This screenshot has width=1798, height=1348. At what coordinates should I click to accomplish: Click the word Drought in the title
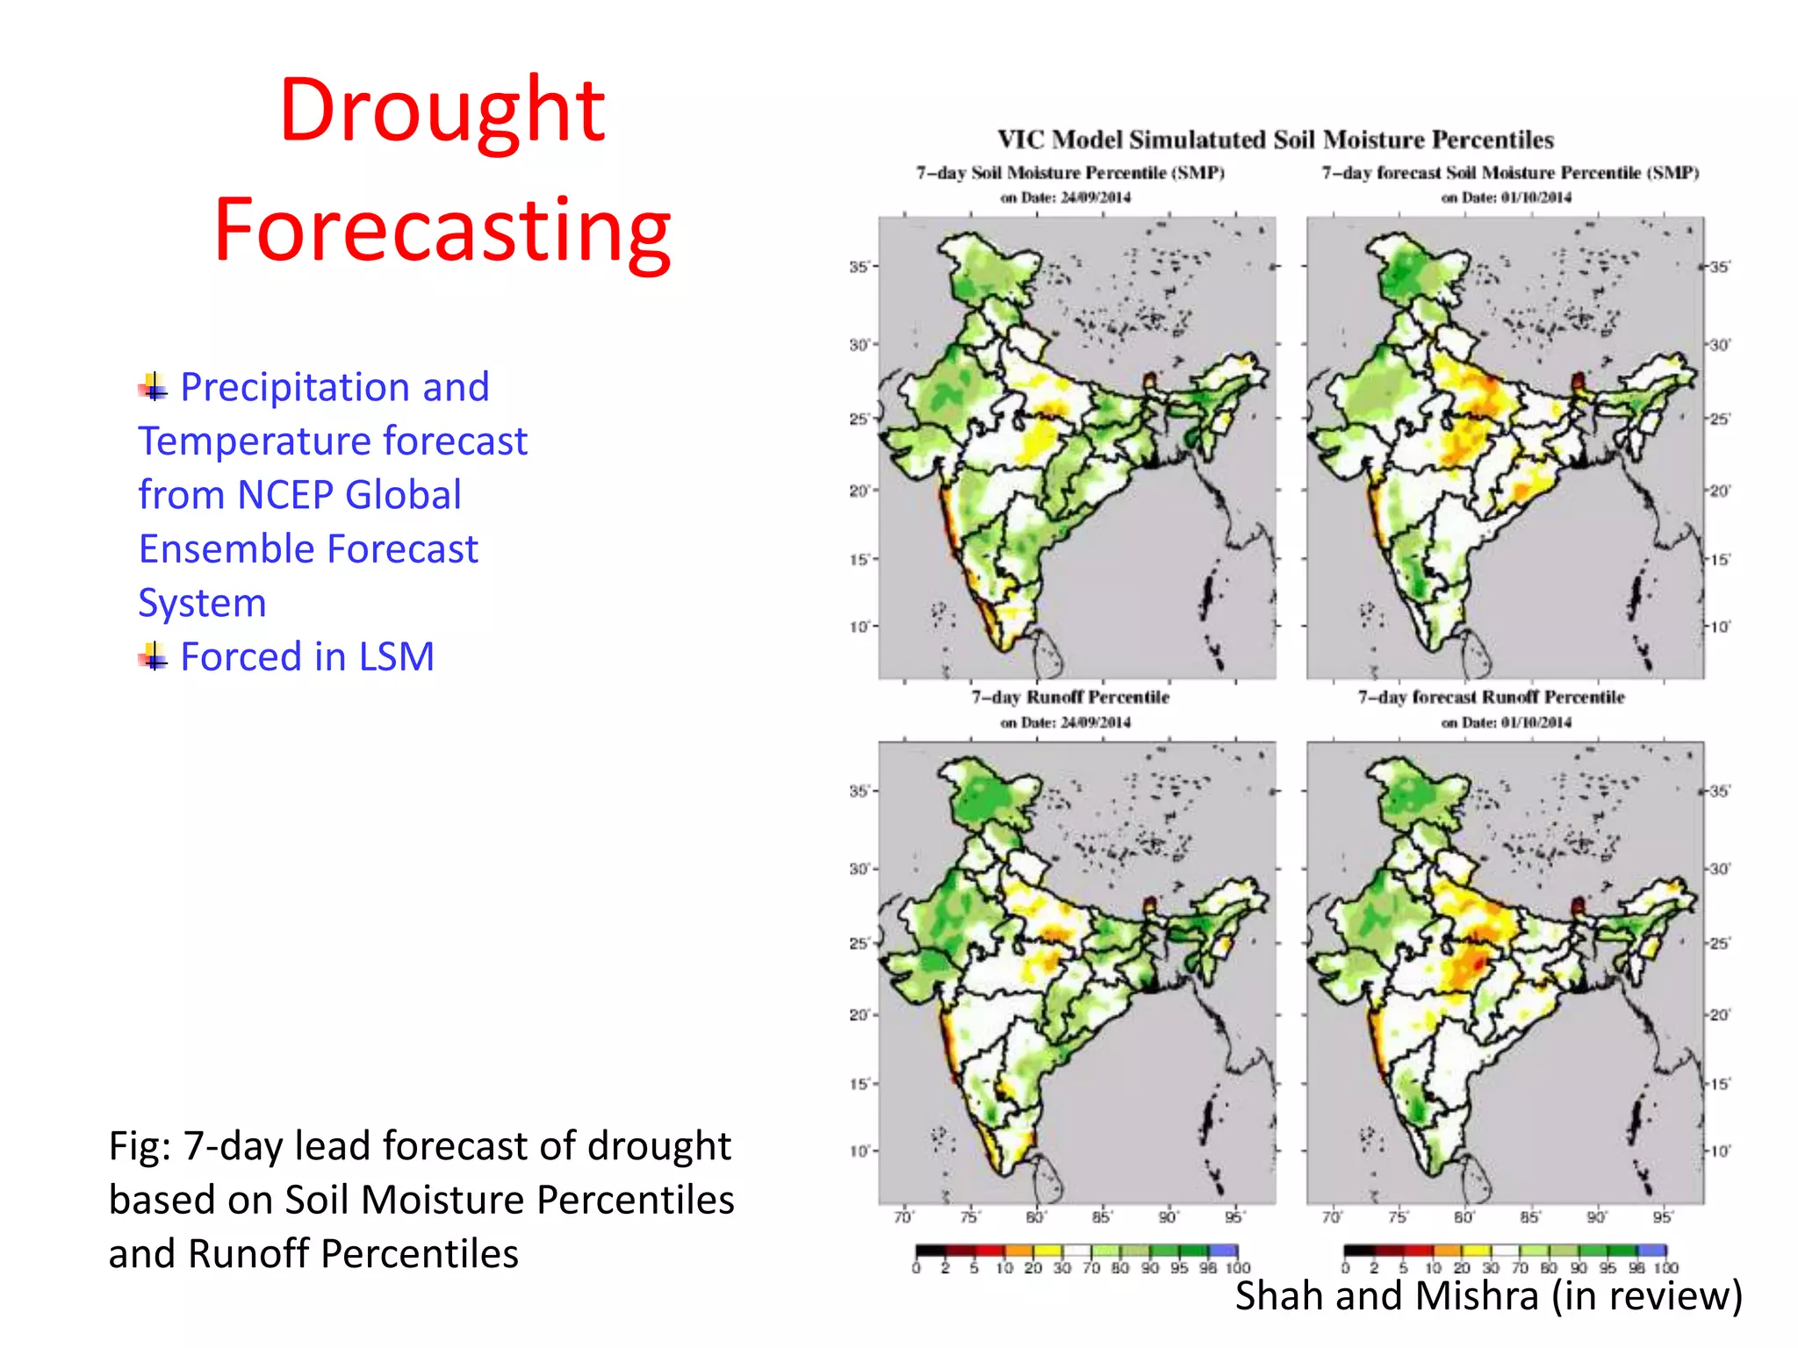point(442,111)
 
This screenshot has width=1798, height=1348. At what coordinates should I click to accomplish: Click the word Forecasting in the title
point(442,230)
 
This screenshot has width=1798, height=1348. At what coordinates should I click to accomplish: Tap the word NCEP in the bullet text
point(287,495)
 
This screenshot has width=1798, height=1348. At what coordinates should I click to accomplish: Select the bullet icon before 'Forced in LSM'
point(153,656)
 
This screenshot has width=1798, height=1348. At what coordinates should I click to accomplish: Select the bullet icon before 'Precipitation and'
point(153,386)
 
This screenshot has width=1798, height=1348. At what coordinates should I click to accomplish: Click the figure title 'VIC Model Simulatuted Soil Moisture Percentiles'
point(1275,140)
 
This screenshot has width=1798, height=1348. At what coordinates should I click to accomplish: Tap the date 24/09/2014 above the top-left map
point(1096,197)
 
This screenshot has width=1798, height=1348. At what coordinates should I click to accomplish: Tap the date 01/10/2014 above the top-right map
point(1535,197)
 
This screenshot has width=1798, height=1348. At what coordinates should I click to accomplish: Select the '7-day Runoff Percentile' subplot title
point(1070,698)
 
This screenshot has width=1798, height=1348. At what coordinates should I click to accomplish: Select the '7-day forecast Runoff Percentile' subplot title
point(1491,698)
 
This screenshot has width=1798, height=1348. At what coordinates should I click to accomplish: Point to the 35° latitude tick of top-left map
point(859,266)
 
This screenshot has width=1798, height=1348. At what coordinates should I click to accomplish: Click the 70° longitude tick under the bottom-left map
point(903,1217)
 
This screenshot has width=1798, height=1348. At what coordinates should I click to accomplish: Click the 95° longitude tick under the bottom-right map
point(1662,1217)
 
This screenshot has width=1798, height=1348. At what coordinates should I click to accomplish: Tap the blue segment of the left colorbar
point(1223,1251)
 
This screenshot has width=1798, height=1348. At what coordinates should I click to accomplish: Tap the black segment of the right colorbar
point(1358,1251)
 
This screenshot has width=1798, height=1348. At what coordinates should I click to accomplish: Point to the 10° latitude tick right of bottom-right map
point(1719,1151)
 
